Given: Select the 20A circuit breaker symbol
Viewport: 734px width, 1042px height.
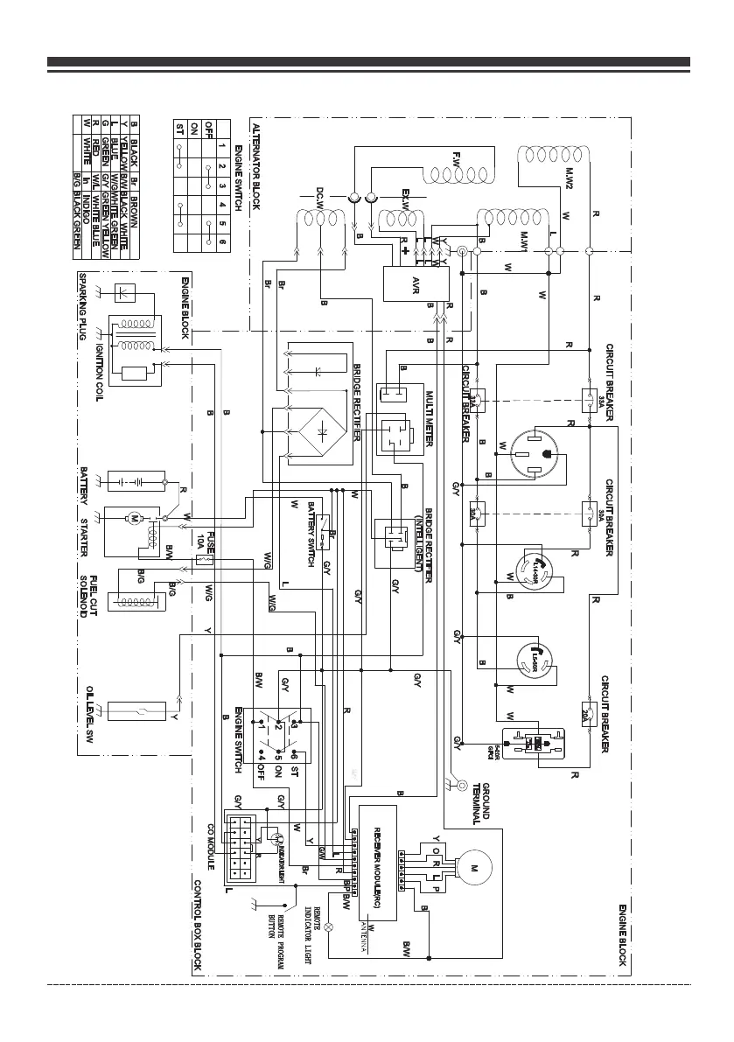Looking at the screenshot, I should pyautogui.click(x=589, y=713).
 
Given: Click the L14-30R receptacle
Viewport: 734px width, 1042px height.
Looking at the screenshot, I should pyautogui.click(x=536, y=571).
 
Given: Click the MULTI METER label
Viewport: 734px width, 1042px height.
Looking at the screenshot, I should pyautogui.click(x=430, y=418).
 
